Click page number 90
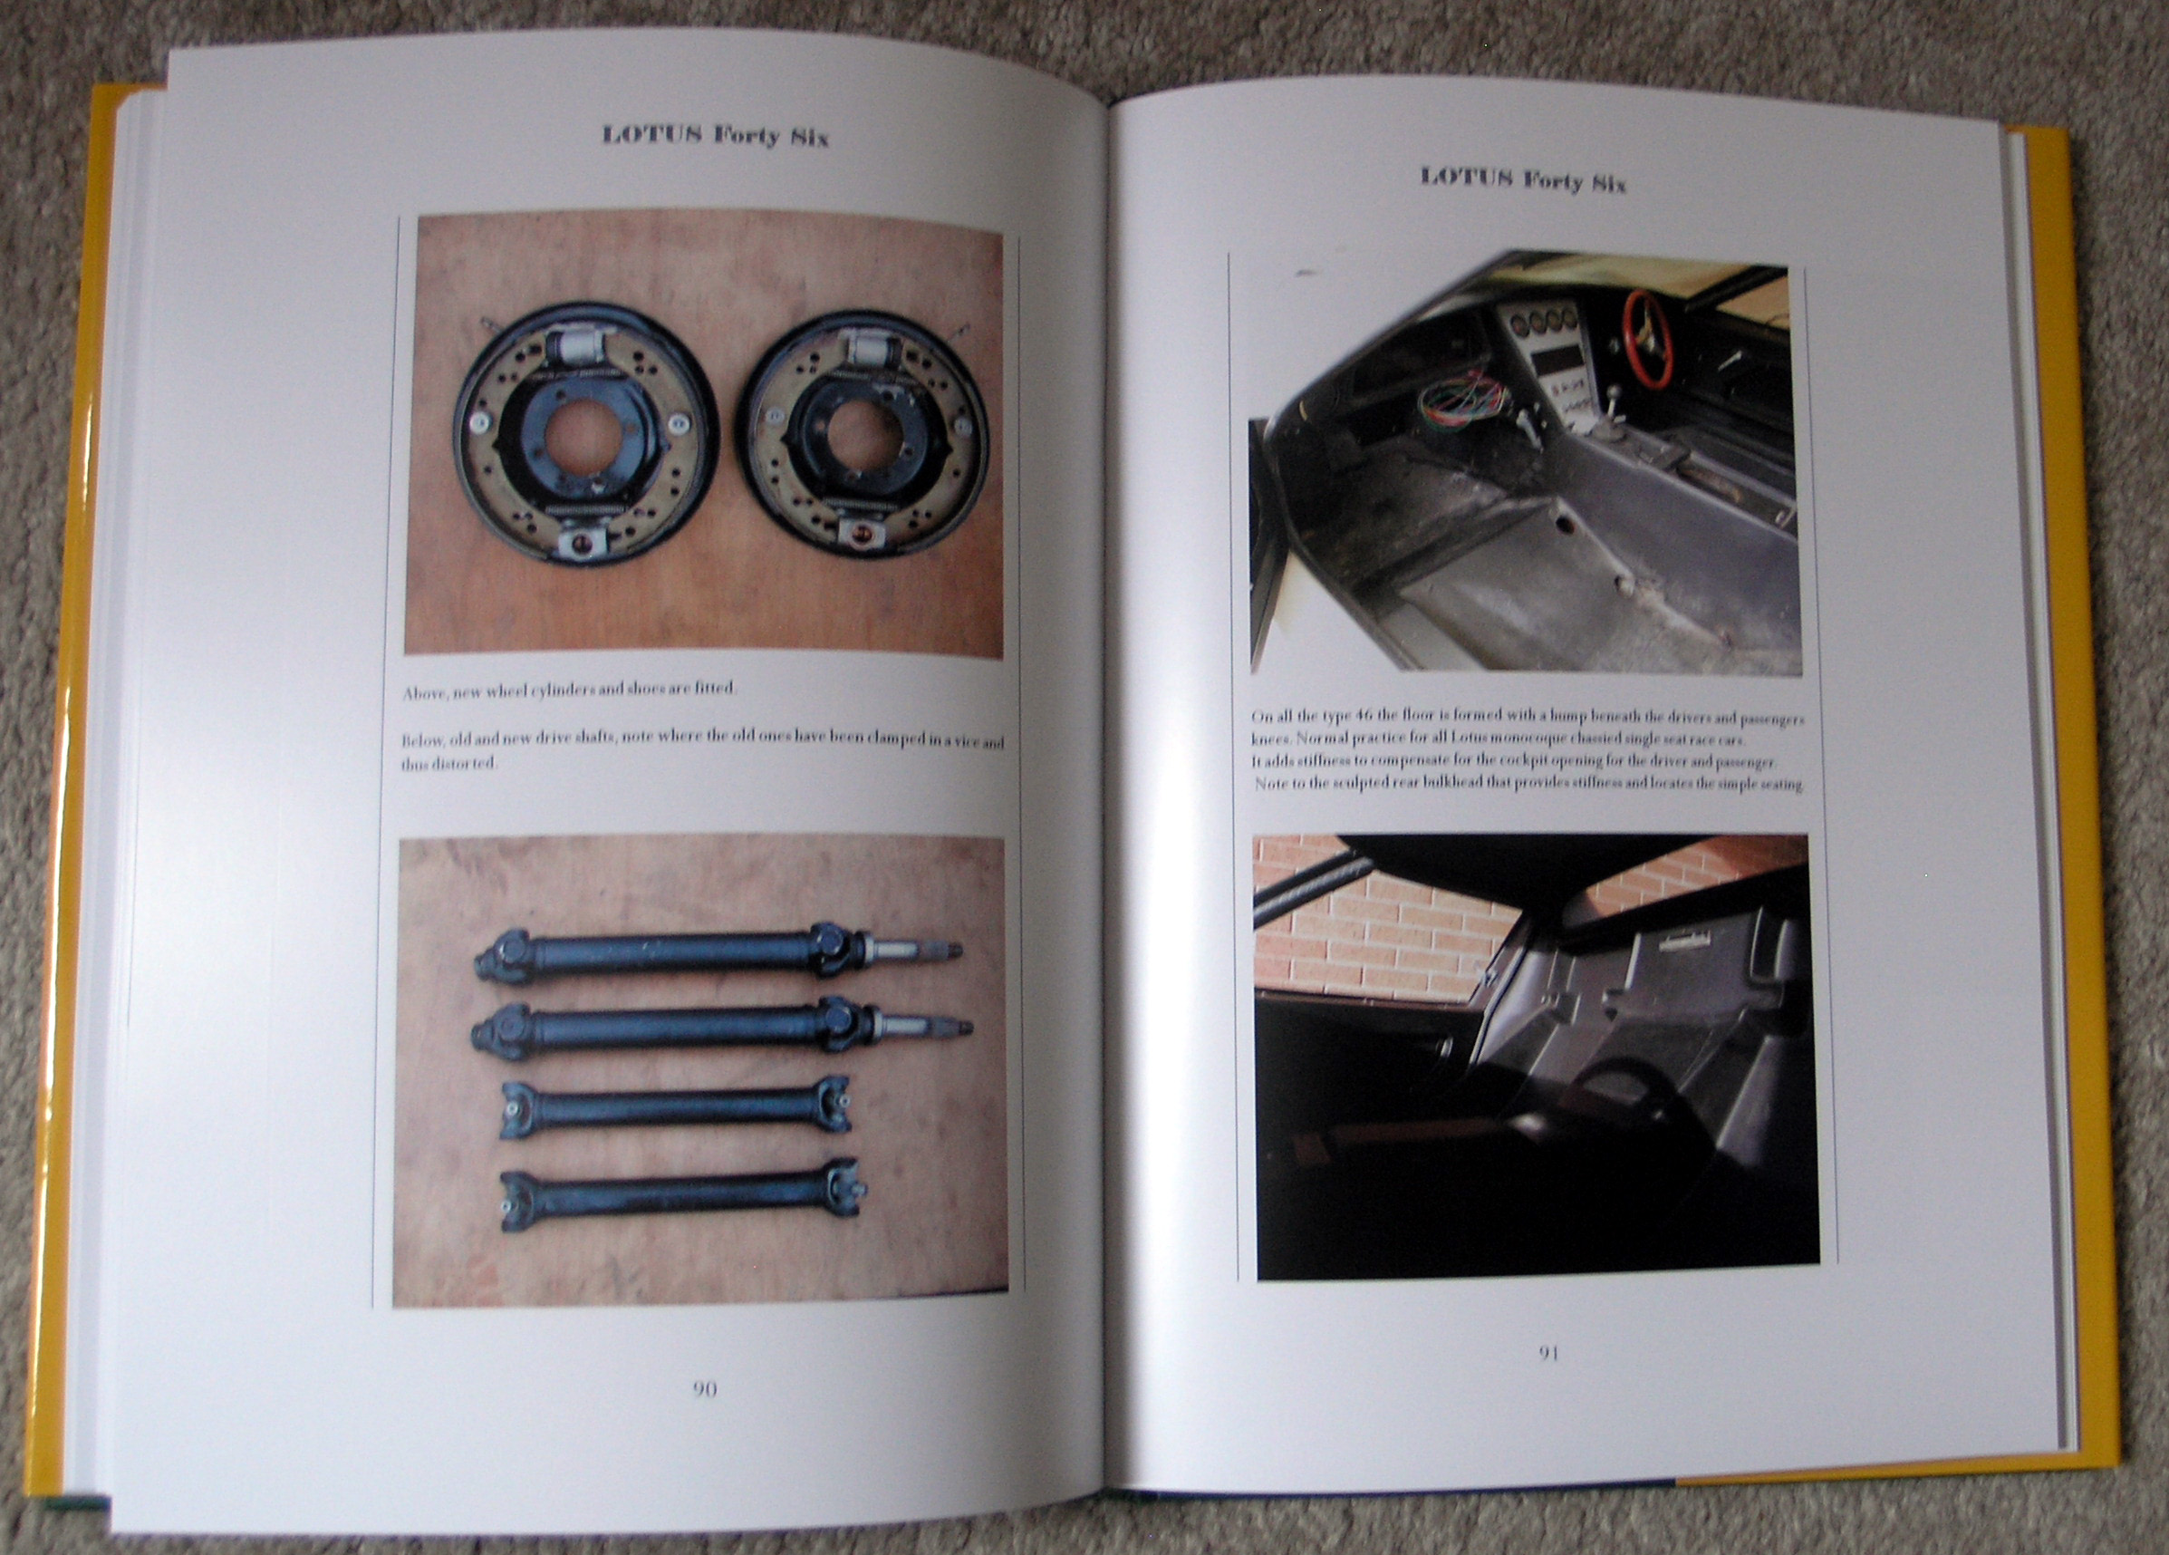pos(704,1388)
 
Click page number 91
pos(1548,1353)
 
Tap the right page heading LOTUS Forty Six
pos(1522,179)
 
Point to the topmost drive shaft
pos(718,953)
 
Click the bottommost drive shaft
pos(683,1198)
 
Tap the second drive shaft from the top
pos(723,1030)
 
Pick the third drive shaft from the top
pos(675,1109)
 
